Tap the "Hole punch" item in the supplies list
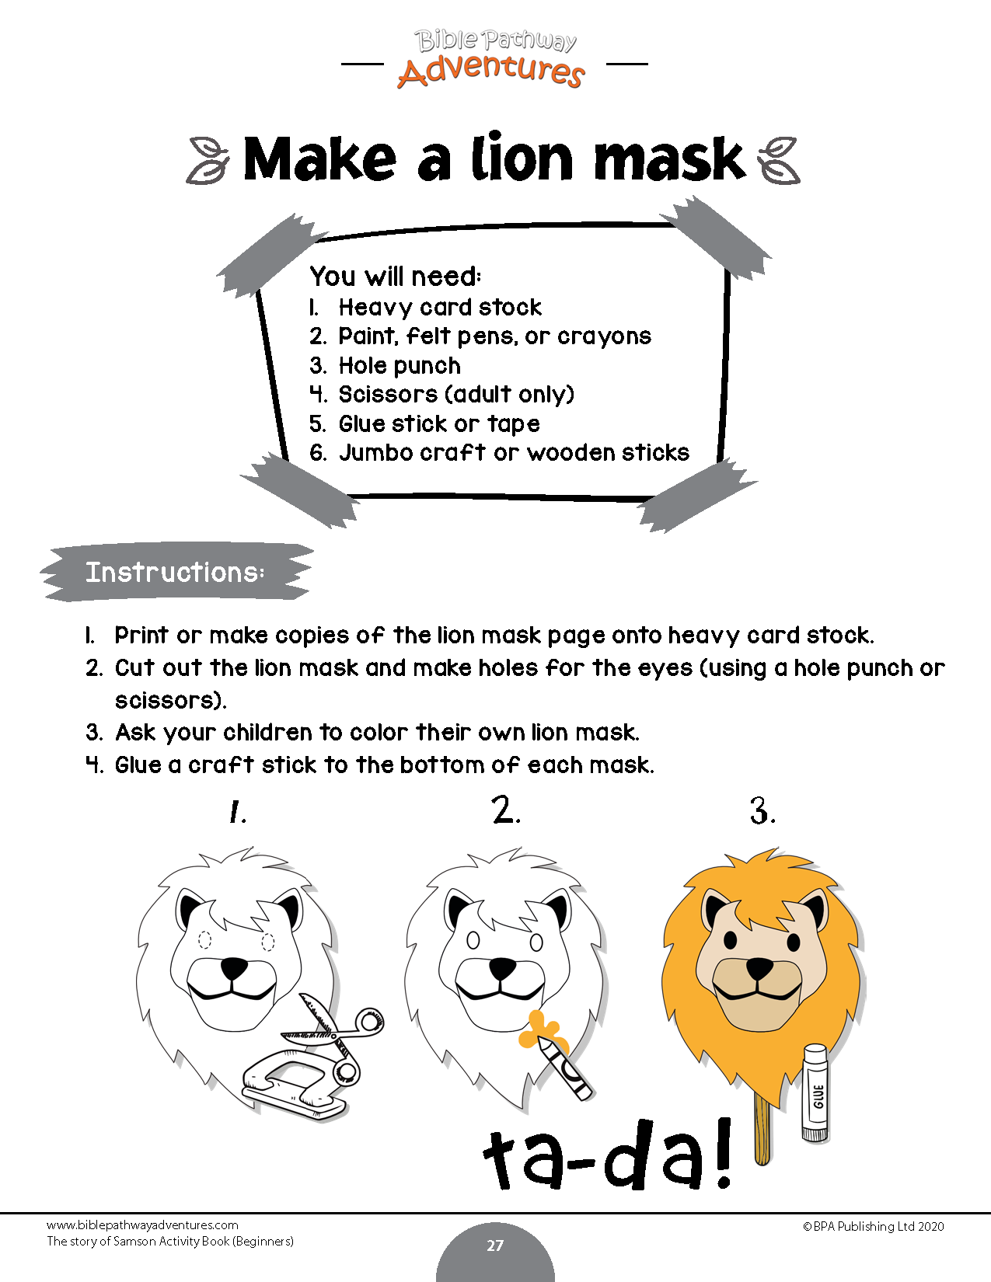(x=399, y=366)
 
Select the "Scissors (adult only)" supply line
(x=455, y=395)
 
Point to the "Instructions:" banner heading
(x=175, y=573)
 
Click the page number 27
(x=495, y=1245)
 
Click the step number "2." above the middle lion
(x=506, y=812)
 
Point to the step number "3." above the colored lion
(x=762, y=812)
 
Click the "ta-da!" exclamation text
(x=609, y=1156)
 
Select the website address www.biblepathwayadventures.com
(x=142, y=1225)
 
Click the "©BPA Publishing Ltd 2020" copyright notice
(x=874, y=1227)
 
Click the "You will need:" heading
(x=396, y=277)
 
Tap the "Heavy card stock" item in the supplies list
(x=440, y=308)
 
